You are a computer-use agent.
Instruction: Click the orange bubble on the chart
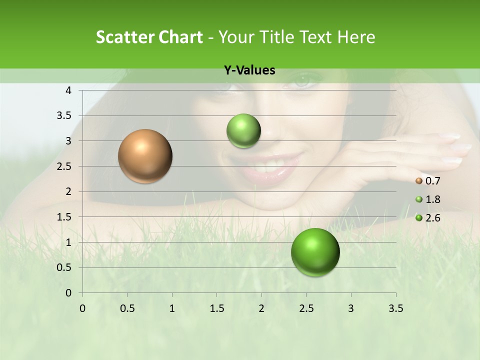coord(145,156)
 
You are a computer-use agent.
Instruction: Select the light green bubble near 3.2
coord(243,131)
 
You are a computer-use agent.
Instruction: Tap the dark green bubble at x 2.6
coord(315,252)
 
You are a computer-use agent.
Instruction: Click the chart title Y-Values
coord(249,70)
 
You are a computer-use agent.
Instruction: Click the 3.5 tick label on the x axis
coord(395,308)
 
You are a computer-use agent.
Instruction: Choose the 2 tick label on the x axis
coord(261,308)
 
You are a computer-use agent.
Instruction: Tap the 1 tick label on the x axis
coord(172,308)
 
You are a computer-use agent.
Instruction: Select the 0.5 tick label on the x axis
coord(127,308)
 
